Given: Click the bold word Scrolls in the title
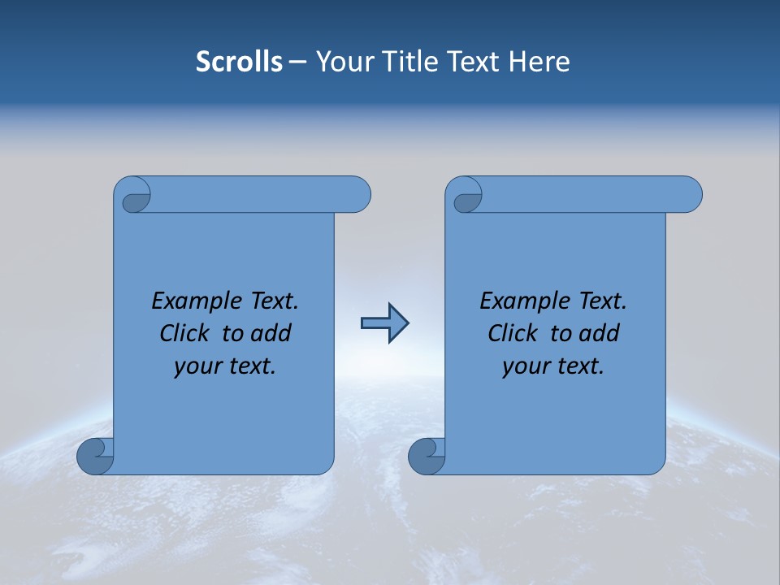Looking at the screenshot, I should pyautogui.click(x=239, y=62).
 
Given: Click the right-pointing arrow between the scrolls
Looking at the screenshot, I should pyautogui.click(x=384, y=323).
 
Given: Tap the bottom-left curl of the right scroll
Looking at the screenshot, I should pyautogui.click(x=426, y=455).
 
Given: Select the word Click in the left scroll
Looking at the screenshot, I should pyautogui.click(x=184, y=333).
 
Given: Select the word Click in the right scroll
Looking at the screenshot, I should pyautogui.click(x=512, y=333).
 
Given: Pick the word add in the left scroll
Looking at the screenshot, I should pyautogui.click(x=271, y=333).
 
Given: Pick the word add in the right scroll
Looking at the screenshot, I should pyautogui.click(x=599, y=333).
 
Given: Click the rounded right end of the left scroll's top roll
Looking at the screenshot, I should pyautogui.click(x=357, y=195).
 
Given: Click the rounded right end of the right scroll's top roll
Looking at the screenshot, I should pyautogui.click(x=689, y=195).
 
